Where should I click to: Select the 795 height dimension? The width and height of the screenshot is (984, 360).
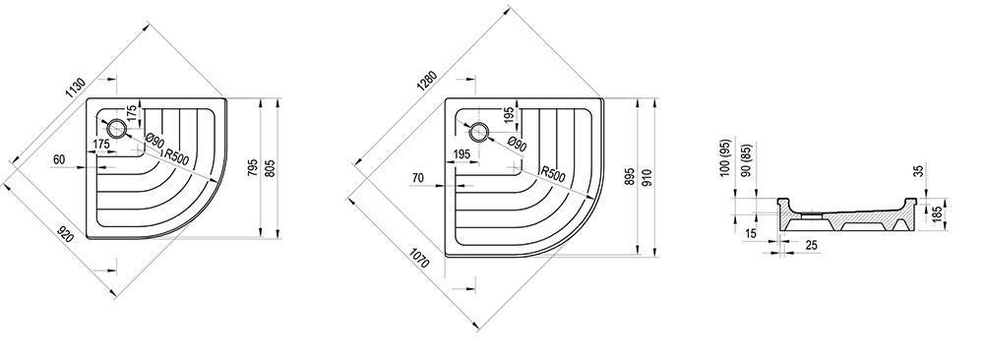pos(253,169)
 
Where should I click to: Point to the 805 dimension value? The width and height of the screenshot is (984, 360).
pos(271,169)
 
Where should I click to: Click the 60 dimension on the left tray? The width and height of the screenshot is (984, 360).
pos(59,159)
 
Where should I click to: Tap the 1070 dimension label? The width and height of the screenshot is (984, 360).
pos(419,259)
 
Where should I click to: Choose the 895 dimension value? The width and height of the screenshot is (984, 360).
pos(630,177)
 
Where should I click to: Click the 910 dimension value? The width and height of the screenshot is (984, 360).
pos(647,177)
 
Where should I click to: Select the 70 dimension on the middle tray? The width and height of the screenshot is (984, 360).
pos(418,178)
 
